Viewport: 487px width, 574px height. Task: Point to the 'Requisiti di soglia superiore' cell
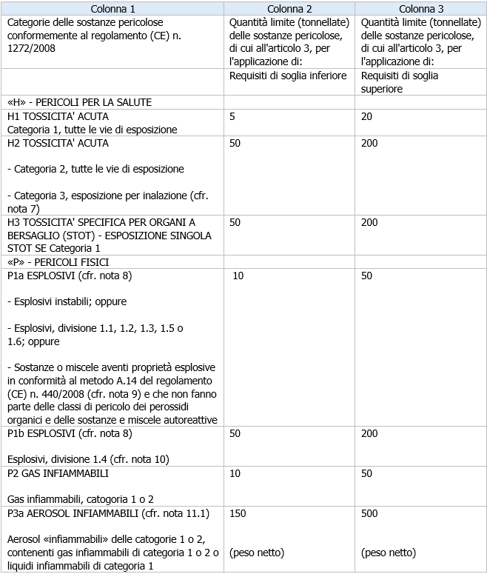click(400, 81)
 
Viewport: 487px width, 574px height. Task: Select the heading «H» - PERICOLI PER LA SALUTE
click(79, 102)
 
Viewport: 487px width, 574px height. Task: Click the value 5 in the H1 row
click(232, 116)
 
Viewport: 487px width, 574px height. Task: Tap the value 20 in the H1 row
click(366, 116)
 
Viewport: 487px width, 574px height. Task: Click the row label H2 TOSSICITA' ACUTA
click(58, 143)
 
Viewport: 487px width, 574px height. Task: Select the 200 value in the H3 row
click(369, 222)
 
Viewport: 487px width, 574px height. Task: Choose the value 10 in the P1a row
click(238, 276)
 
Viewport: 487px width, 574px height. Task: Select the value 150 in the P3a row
click(238, 513)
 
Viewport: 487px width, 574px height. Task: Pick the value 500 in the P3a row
click(369, 513)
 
